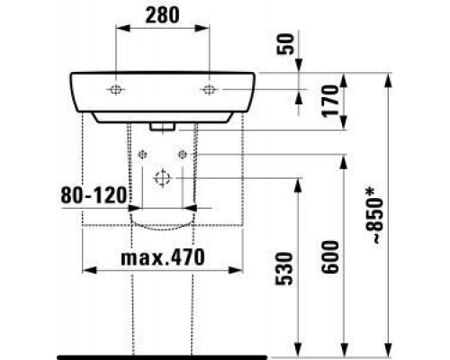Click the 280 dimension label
tap(162, 15)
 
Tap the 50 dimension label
tap(285, 44)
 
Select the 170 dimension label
tap(329, 101)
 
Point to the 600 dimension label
tap(330, 256)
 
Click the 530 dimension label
tap(283, 268)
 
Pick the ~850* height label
tap(374, 215)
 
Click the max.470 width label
tap(163, 257)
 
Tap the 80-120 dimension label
tap(94, 194)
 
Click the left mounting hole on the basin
tap(115, 89)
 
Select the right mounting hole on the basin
tap(208, 89)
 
